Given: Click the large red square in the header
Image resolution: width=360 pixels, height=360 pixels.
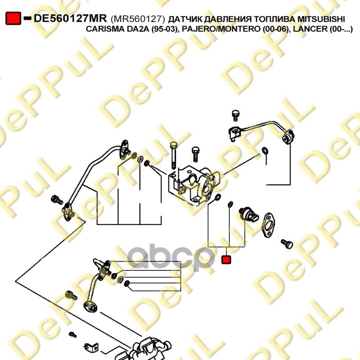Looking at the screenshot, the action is pos(13,18).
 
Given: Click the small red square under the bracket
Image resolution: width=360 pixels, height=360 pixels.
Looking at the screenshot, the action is pos(226,260).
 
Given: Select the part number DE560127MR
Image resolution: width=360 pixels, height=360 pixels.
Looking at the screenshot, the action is pos(70,18).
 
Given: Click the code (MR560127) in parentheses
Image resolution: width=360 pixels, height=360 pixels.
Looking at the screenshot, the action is pos(138,19).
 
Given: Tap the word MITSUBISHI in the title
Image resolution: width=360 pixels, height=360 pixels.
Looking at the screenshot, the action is pos(321,19).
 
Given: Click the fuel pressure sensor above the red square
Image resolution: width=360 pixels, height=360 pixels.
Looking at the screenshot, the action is pos(249,213).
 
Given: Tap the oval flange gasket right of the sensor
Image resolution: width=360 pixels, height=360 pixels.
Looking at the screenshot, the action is pos(268,225).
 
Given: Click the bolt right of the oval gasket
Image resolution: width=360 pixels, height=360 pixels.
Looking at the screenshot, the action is pos(287,244).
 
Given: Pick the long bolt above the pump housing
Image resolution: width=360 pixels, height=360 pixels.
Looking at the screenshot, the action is pos(174,155).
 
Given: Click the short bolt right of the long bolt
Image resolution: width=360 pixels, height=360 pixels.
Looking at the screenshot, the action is pos(195,154).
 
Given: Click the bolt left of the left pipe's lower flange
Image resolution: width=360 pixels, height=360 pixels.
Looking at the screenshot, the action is pos(57,200).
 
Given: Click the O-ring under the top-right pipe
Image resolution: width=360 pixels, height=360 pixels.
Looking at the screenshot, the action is pos(265,151).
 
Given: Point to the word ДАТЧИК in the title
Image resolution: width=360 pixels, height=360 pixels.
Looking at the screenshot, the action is pos(185,19).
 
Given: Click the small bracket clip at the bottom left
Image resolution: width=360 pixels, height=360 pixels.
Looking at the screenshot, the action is pos(91,347).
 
